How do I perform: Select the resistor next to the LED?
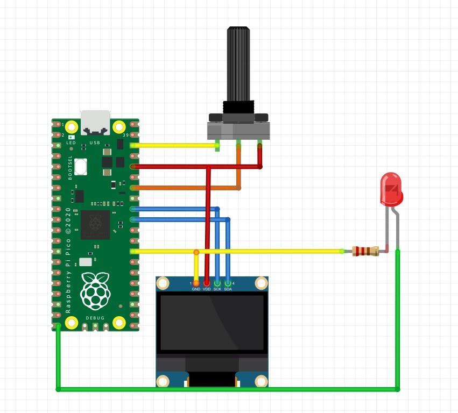tap(366, 251)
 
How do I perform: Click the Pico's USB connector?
tap(95, 123)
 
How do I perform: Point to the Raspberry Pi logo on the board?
tap(95, 291)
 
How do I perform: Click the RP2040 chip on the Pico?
tap(95, 224)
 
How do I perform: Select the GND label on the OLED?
tap(196, 289)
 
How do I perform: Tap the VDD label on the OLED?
tap(207, 289)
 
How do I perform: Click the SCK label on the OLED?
tap(217, 289)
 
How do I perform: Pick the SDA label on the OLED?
tap(228, 289)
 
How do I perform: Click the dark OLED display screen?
tap(212, 322)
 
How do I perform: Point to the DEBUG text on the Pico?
tap(95, 318)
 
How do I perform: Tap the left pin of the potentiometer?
tap(217, 145)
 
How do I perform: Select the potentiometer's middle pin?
tap(238, 144)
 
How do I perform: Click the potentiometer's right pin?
tap(260, 144)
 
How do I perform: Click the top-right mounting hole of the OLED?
tap(261, 283)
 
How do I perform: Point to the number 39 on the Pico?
tap(126, 135)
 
